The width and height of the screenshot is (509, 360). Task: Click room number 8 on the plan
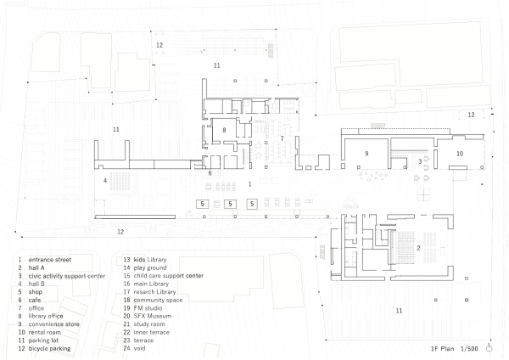[x=224, y=130]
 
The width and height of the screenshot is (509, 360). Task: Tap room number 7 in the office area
[x=282, y=138]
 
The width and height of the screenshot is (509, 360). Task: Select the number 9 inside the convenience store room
[x=367, y=153]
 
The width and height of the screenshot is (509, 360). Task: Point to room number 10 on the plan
[x=459, y=153]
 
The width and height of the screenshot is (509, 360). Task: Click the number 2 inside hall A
[x=418, y=247]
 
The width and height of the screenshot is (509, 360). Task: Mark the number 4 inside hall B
[x=105, y=180]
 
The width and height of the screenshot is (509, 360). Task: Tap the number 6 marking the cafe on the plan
[x=210, y=173]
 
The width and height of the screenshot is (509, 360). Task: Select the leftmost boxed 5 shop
[x=203, y=204]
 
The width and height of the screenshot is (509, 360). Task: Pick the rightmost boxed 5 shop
[x=253, y=204]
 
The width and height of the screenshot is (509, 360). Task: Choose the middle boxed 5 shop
[x=228, y=204]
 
